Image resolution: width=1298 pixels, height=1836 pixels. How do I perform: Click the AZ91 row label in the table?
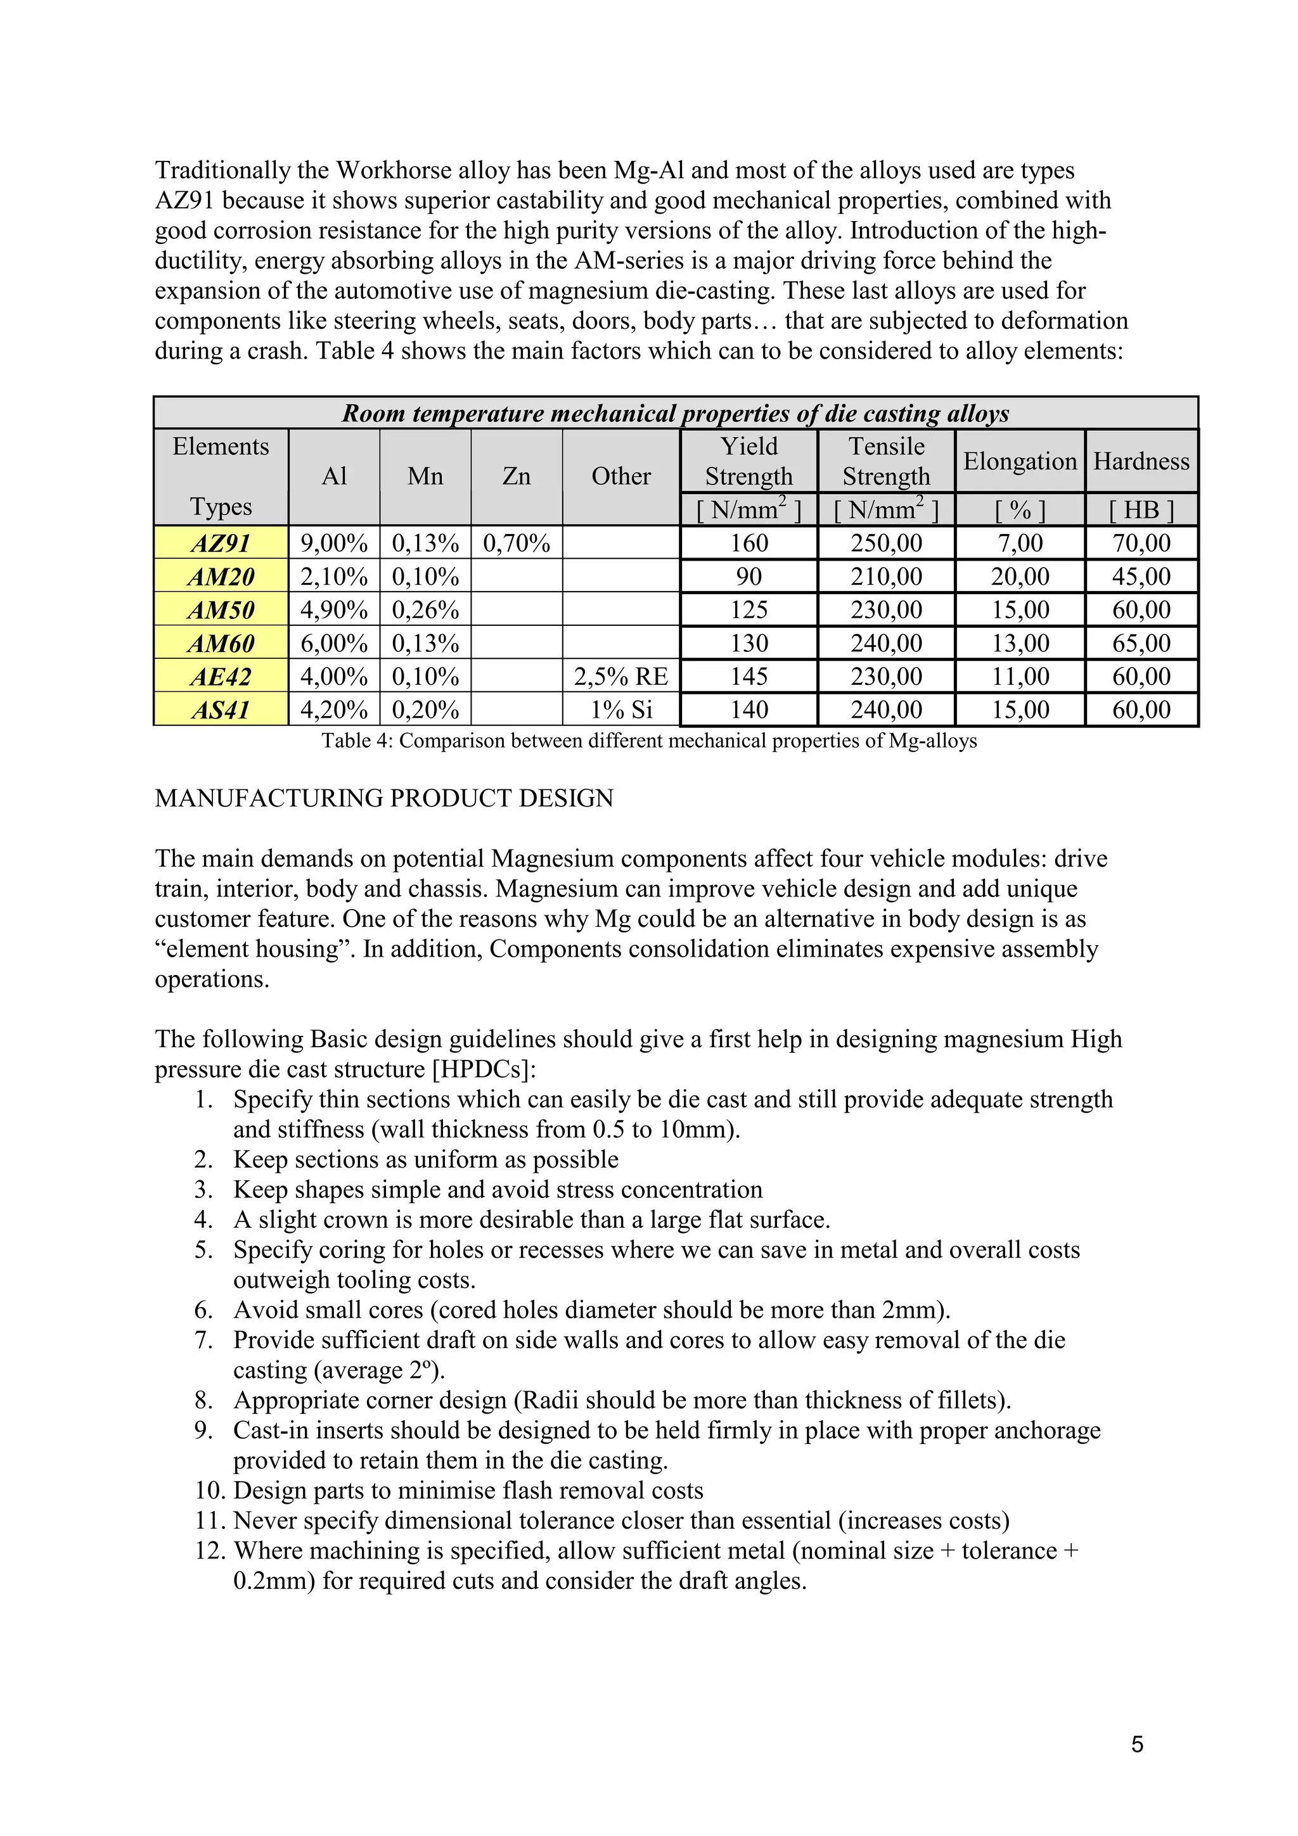[x=221, y=543]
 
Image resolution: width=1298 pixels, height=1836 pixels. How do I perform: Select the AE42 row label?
[x=221, y=677]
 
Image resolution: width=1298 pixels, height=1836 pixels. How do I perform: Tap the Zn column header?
[x=516, y=476]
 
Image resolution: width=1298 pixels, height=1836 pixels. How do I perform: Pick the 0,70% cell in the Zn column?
[x=516, y=543]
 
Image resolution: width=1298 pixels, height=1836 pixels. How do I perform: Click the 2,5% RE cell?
[x=620, y=677]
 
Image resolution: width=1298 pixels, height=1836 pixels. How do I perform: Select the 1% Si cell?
[x=620, y=710]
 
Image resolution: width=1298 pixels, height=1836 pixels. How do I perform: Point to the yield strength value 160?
[x=749, y=543]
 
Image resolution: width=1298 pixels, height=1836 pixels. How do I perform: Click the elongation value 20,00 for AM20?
[x=1020, y=577]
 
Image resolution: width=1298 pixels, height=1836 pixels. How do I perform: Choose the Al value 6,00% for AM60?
[x=333, y=643]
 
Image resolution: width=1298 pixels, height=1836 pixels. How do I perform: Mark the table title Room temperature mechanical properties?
[x=675, y=414]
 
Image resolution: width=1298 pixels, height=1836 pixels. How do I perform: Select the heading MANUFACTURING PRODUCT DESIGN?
[x=384, y=798]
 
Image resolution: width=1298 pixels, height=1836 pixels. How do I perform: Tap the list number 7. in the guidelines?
[x=203, y=1340]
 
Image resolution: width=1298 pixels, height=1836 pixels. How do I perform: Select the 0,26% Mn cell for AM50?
[x=425, y=610]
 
